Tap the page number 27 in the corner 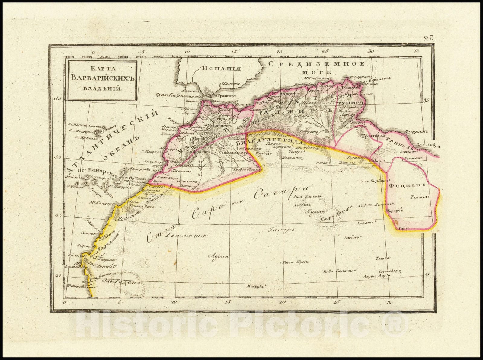428,38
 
